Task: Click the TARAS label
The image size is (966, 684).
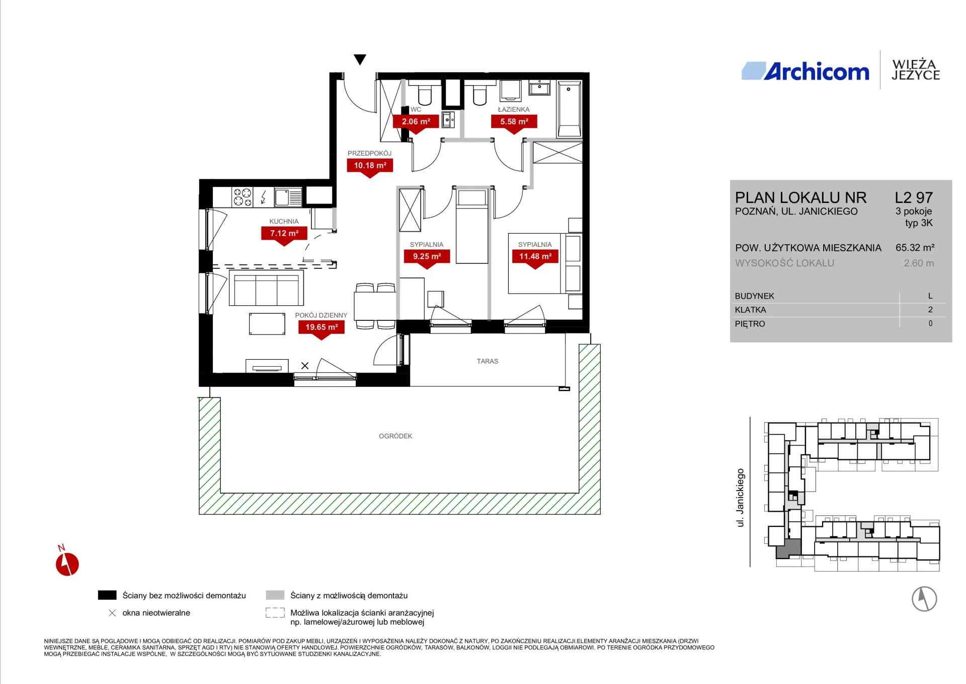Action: pos(488,361)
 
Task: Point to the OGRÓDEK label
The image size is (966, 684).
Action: pos(395,436)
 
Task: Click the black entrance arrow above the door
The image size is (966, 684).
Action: pos(360,59)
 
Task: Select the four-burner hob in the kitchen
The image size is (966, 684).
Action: pos(243,197)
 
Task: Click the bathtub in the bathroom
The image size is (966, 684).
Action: pos(570,109)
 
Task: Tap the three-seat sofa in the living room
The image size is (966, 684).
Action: pos(266,288)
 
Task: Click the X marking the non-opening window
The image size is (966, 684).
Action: pos(305,366)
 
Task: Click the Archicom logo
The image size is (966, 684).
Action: pos(806,71)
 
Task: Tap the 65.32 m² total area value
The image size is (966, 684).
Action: pos(915,248)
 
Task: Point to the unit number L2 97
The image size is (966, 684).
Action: pos(914,197)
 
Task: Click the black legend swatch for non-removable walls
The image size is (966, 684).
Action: pos(107,595)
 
